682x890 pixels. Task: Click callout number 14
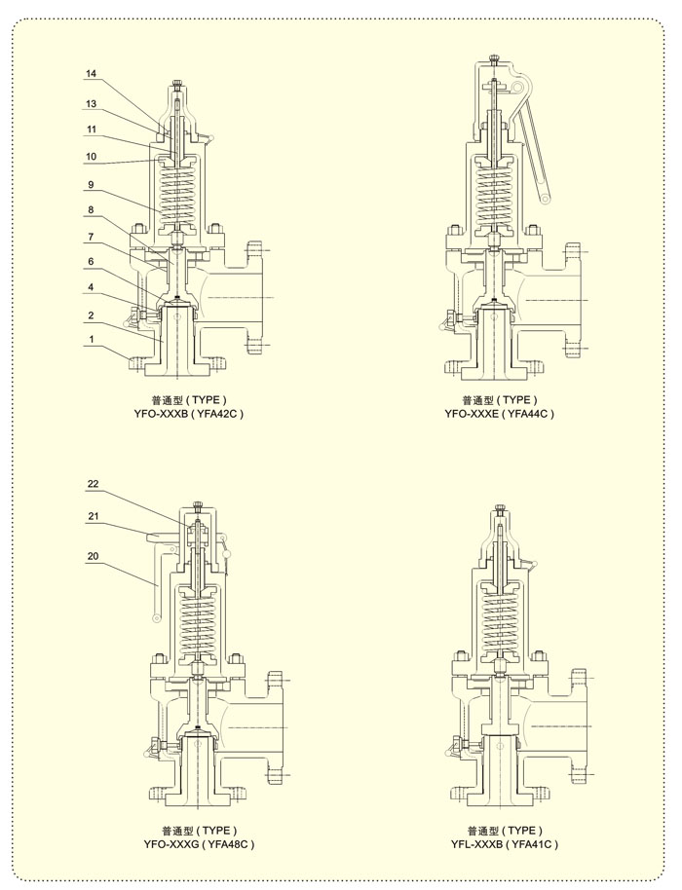pos(92,74)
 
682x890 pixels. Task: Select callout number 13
pos(92,104)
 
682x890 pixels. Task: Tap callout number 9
pos(91,185)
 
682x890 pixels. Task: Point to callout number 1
pos(91,340)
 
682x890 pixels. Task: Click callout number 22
pos(94,484)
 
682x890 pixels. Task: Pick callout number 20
pos(94,556)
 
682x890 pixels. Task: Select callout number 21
pos(94,516)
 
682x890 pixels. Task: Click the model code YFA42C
pos(218,414)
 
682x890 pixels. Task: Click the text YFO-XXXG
pos(171,844)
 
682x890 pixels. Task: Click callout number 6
pos(91,262)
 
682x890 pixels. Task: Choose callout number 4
pos(91,288)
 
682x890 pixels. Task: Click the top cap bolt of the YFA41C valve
pos(499,507)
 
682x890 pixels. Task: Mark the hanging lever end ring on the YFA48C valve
pos(156,617)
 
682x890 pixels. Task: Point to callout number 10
pos(92,157)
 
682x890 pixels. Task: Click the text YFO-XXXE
pos(472,414)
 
